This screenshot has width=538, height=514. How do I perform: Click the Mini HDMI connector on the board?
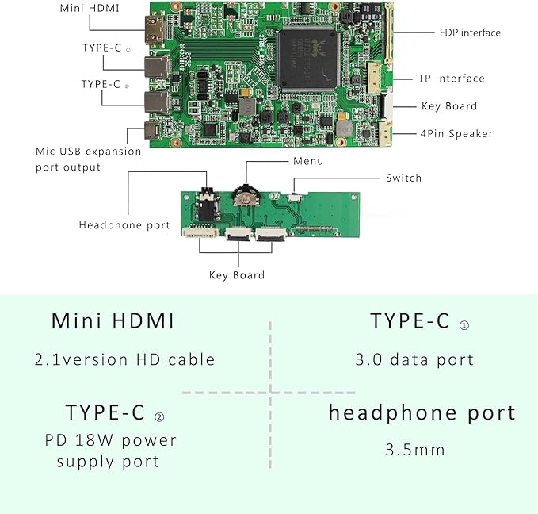(154, 30)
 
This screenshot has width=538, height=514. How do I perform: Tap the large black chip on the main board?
(308, 59)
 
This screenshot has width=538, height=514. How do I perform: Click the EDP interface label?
(470, 33)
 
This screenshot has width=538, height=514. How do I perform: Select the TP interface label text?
(451, 79)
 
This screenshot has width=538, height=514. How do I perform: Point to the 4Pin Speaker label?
(456, 133)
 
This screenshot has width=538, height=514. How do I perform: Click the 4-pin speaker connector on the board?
(386, 133)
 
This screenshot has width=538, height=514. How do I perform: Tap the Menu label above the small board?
(308, 161)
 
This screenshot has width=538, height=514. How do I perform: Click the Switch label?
(403, 178)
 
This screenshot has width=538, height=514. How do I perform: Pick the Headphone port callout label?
(124, 225)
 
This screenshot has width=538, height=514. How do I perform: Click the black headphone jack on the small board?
(207, 205)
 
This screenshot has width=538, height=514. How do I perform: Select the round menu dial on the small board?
(246, 196)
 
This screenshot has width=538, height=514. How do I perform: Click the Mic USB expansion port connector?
(151, 130)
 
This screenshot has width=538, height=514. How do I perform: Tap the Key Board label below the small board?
(237, 275)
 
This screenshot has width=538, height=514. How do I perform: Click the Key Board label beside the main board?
(449, 106)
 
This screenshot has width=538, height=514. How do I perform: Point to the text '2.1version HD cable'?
(124, 360)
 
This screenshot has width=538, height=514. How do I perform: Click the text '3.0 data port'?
(414, 360)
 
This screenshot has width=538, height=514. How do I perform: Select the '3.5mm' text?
(415, 450)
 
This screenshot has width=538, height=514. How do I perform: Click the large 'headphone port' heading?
(422, 412)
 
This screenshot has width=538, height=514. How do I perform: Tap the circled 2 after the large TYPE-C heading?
(159, 417)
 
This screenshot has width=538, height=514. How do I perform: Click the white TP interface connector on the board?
(374, 78)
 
